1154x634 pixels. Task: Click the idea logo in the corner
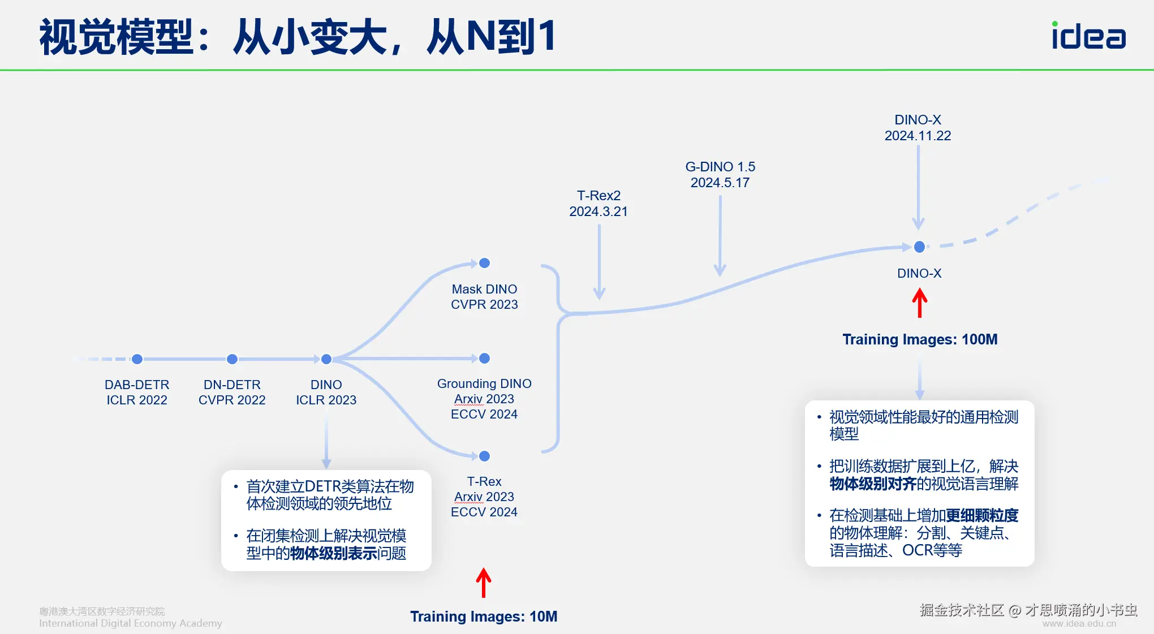pyautogui.click(x=1088, y=36)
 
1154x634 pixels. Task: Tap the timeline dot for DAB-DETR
pyautogui.click(x=137, y=359)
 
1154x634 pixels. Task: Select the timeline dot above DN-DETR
pyautogui.click(x=232, y=359)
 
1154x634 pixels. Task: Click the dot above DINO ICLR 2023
pyautogui.click(x=326, y=359)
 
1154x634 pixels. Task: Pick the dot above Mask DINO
pyautogui.click(x=484, y=263)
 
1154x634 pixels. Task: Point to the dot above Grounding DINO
pyautogui.click(x=484, y=359)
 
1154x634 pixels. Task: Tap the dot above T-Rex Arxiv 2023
pyautogui.click(x=484, y=456)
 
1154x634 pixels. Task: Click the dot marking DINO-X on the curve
pyautogui.click(x=919, y=247)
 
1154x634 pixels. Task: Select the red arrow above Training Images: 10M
pyautogui.click(x=483, y=583)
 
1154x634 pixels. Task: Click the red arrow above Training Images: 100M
pyautogui.click(x=920, y=303)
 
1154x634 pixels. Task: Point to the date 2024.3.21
pyautogui.click(x=598, y=212)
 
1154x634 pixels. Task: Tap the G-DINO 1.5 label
pyautogui.click(x=720, y=167)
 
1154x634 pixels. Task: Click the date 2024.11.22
pyautogui.click(x=918, y=136)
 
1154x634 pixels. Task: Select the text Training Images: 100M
pyautogui.click(x=920, y=339)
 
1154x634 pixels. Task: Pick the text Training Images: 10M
pyautogui.click(x=484, y=616)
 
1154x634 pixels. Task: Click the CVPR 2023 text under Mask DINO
pyautogui.click(x=484, y=304)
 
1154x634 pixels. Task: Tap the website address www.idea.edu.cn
pyautogui.click(x=1079, y=623)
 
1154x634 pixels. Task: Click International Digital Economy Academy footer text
pyautogui.click(x=130, y=623)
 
